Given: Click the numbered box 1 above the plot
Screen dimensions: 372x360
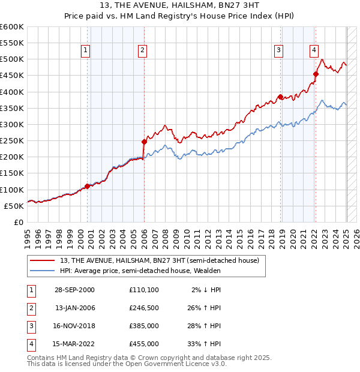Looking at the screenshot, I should point(86,51).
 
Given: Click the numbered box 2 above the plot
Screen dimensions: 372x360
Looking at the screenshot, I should point(142,51).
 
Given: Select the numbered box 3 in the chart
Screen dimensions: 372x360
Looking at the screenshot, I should point(279,51).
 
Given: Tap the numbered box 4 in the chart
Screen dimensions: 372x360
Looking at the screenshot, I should point(314,51).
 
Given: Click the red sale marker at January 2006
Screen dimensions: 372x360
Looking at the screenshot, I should point(144,142).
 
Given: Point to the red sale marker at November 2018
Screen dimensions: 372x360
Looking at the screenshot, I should point(280,97).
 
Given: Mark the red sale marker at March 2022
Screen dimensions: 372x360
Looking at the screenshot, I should point(316,74).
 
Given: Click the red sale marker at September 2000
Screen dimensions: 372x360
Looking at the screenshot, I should point(88,186).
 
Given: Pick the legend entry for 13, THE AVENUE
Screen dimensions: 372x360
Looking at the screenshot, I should point(159,260).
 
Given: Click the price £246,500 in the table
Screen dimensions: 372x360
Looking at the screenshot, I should point(144,308).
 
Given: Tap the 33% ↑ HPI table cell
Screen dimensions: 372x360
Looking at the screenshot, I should point(204,344).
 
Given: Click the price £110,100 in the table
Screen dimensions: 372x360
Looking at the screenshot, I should point(144,290).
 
